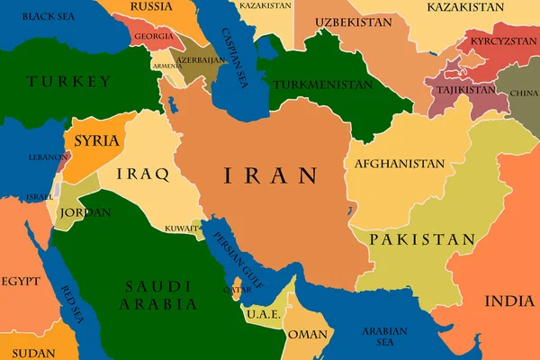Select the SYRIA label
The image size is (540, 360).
[x=96, y=140]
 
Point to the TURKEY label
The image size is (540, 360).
[x=69, y=82]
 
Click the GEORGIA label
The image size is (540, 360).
[x=154, y=37]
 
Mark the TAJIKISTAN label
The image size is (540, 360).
[x=465, y=90]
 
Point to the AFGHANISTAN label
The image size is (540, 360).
[x=400, y=164]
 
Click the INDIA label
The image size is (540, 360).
[x=509, y=301]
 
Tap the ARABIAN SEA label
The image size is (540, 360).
[x=384, y=336]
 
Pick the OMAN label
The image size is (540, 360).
[x=308, y=333]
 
